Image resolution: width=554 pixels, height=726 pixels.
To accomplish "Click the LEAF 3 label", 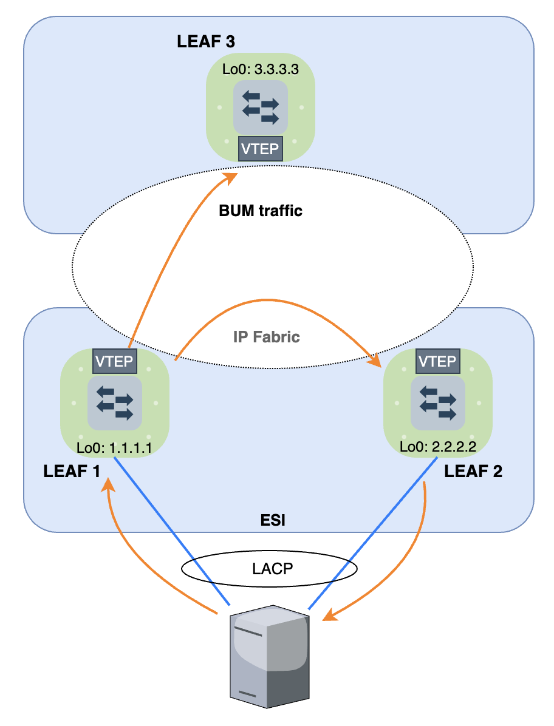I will tap(205, 42).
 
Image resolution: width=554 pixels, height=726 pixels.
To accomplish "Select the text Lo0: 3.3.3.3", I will tap(261, 69).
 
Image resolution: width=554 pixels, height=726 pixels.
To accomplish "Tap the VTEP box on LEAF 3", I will tap(261, 149).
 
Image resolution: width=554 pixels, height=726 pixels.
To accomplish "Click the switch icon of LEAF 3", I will tap(261, 107).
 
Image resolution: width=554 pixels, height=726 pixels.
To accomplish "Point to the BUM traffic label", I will tap(261, 212).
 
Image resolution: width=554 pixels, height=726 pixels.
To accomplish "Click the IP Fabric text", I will tap(267, 337).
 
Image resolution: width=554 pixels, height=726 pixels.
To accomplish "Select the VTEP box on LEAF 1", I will tap(115, 361).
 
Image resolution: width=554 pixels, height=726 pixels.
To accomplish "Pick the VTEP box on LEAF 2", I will tap(437, 361).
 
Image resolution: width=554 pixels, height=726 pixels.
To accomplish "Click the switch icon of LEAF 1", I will tap(115, 402).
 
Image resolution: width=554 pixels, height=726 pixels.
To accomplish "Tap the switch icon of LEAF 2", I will tap(437, 402).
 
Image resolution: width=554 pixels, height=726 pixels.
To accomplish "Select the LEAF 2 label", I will tap(474, 472).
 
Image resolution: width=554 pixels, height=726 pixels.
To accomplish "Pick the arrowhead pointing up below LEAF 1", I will tap(109, 483).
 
